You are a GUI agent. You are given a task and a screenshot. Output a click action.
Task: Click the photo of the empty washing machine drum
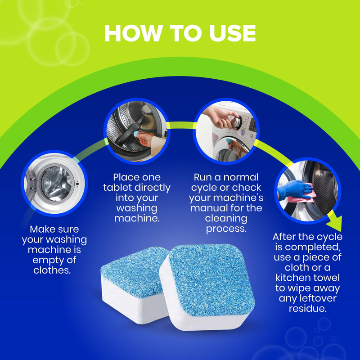(x=54, y=183)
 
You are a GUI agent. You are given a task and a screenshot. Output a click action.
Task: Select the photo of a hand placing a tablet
(x=137, y=131)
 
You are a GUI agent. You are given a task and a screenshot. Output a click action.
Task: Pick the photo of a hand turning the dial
(x=226, y=131)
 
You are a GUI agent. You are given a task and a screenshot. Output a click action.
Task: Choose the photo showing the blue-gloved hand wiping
(x=308, y=190)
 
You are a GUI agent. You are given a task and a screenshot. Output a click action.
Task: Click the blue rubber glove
(x=294, y=189)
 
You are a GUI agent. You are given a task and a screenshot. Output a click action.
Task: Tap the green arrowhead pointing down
(x=335, y=223)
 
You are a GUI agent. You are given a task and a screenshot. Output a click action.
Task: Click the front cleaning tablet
(x=207, y=287)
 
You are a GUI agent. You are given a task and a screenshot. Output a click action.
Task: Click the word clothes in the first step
(x=52, y=270)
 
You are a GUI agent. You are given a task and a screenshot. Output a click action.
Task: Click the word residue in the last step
(x=308, y=308)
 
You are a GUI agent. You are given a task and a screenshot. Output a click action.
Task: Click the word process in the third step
(x=226, y=229)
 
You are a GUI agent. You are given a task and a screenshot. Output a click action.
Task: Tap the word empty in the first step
(x=47, y=261)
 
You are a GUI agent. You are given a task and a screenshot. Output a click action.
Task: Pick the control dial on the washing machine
(x=236, y=121)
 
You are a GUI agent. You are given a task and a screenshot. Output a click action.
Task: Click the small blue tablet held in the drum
(x=135, y=134)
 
